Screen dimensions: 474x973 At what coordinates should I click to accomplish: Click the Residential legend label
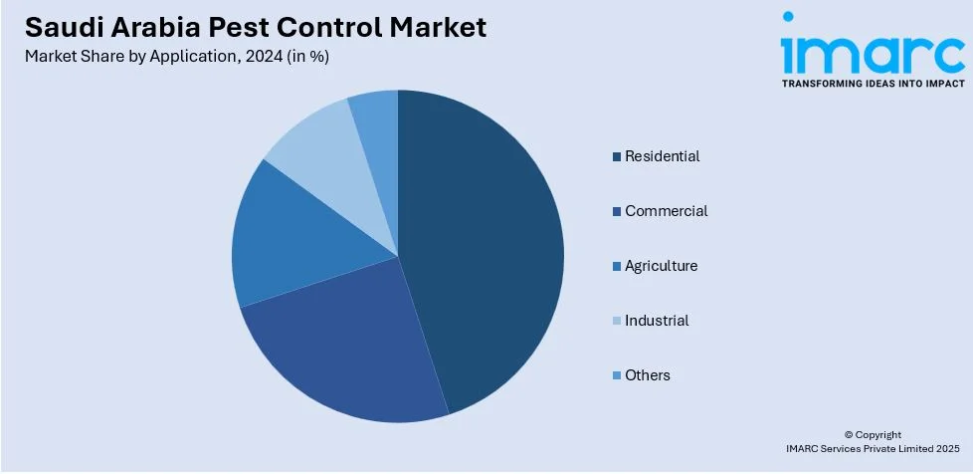(662, 156)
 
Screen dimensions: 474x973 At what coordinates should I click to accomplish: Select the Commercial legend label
(666, 211)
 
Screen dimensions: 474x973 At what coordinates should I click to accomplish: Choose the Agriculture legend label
(661, 266)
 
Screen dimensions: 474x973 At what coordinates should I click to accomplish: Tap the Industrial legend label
(657, 321)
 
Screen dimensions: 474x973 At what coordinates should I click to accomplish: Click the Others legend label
(647, 375)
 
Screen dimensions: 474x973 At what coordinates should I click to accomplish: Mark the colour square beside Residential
(617, 156)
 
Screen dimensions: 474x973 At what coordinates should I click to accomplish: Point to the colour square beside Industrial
(617, 321)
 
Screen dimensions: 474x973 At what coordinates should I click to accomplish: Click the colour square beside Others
(617, 375)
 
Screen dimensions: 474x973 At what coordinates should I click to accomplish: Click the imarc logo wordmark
(873, 50)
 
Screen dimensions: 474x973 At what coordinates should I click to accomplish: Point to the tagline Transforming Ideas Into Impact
(873, 85)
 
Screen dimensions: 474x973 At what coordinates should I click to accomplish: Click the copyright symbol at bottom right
(849, 434)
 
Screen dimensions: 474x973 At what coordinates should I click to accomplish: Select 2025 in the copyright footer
(945, 449)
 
